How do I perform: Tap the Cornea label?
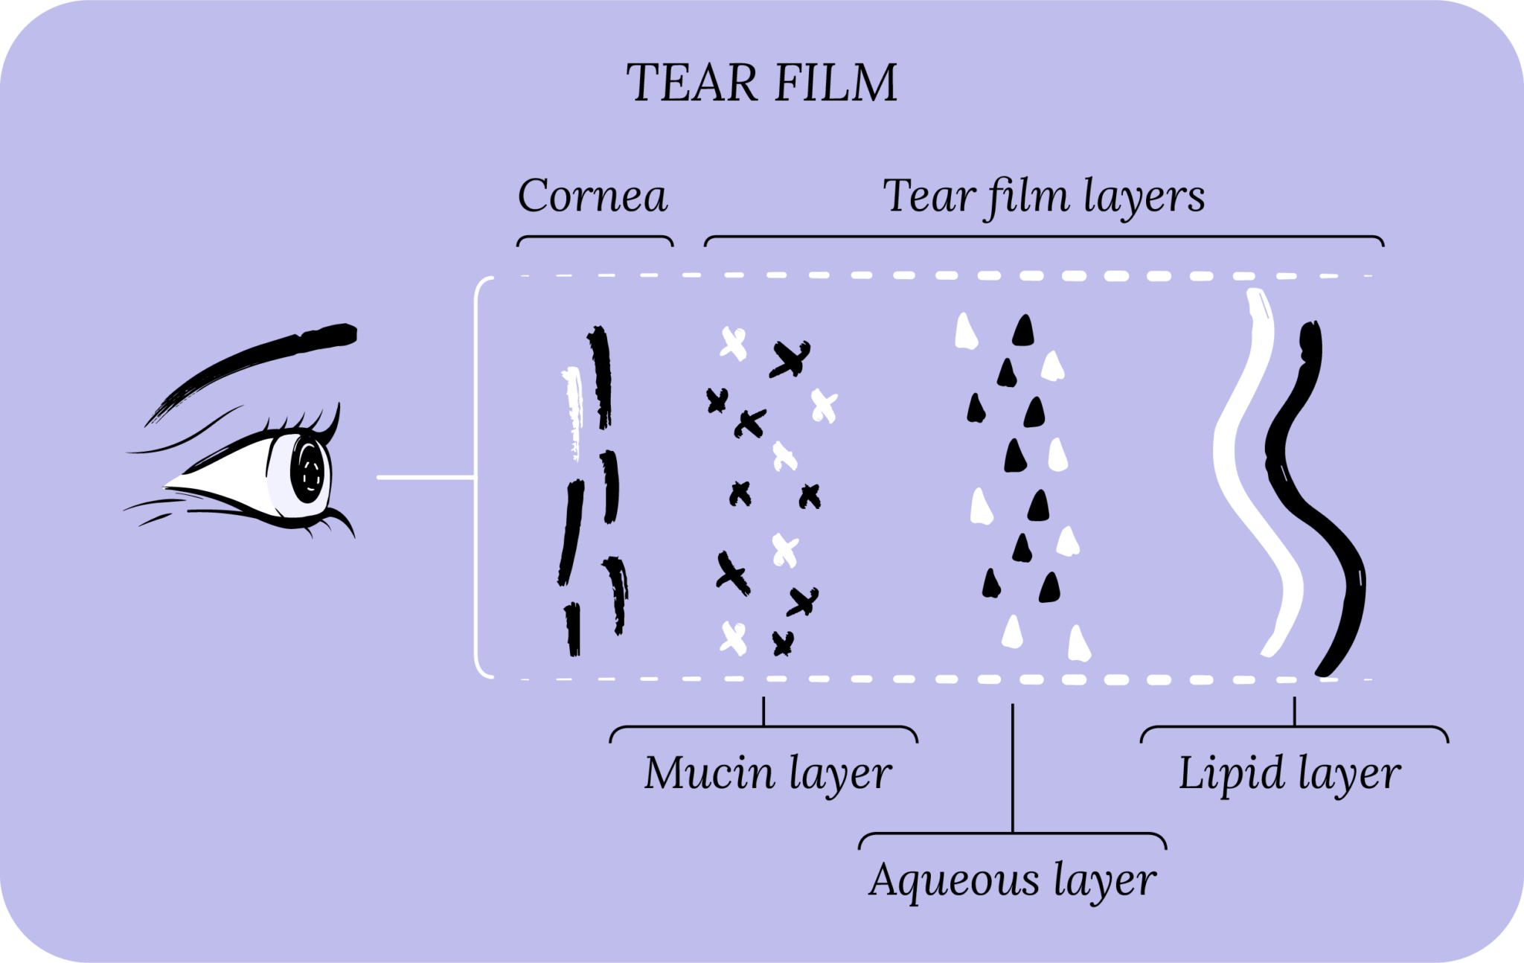click(592, 196)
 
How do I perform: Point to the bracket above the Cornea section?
click(595, 238)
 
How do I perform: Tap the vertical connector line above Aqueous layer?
click(1013, 767)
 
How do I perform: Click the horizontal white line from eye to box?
click(425, 477)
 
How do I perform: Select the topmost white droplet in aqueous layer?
click(966, 333)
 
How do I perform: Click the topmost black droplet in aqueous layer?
click(1023, 331)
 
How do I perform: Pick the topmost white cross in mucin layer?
click(733, 344)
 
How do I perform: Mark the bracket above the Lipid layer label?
click(1294, 727)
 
